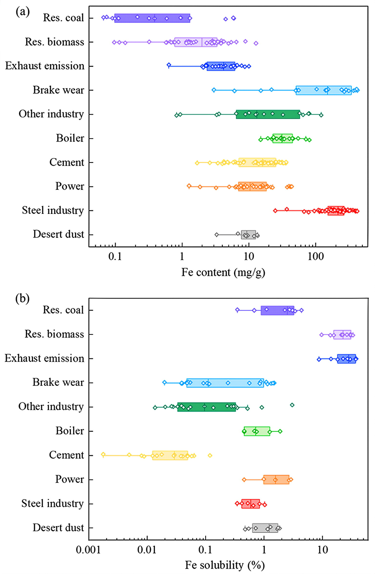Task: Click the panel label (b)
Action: pyautogui.click(x=23, y=298)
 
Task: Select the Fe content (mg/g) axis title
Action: pyautogui.click(x=223, y=272)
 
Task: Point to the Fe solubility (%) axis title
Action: pyautogui.click(x=225, y=565)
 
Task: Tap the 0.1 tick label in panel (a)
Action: pyautogui.click(x=115, y=257)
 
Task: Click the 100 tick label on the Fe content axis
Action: pyautogui.click(x=315, y=257)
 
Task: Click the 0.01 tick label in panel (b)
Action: pyautogui.click(x=147, y=550)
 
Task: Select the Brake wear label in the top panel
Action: pyautogui.click(x=58, y=90)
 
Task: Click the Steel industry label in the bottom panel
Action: pyautogui.click(x=52, y=503)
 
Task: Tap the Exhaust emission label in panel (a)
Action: pyautogui.click(x=44, y=66)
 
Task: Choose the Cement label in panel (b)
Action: pyautogui.click(x=66, y=455)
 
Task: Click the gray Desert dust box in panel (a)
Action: pyautogui.click(x=249, y=235)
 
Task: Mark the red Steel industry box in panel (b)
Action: pyautogui.click(x=250, y=504)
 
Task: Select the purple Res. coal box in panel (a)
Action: pyautogui.click(x=152, y=18)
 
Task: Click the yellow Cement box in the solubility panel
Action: pyautogui.click(x=170, y=455)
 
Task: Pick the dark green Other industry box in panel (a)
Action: pyautogui.click(x=268, y=114)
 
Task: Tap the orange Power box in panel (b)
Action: pyautogui.click(x=276, y=479)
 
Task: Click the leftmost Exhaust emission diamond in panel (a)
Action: pyautogui.click(x=169, y=65)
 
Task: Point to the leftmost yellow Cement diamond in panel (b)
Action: pyautogui.click(x=103, y=454)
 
